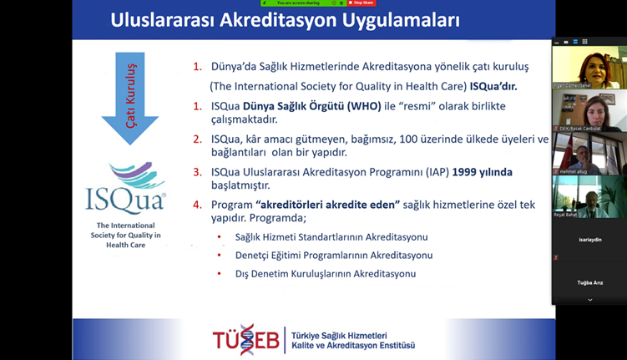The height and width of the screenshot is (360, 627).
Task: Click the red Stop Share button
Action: coord(362,3)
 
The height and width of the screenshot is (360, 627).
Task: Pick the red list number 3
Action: coord(197,172)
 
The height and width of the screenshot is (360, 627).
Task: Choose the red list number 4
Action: coord(197,205)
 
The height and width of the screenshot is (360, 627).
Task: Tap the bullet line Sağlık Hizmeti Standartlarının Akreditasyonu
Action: coord(331,236)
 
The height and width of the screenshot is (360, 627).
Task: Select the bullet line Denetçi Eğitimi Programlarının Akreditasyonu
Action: coord(334,255)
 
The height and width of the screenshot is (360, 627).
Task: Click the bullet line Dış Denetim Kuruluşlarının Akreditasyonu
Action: coord(326,273)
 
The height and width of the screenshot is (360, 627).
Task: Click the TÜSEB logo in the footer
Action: coord(246,339)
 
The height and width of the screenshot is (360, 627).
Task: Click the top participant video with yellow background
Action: coord(589,67)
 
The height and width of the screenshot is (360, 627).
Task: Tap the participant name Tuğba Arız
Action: coord(589,283)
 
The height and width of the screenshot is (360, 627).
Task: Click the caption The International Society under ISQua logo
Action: coord(127,235)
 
